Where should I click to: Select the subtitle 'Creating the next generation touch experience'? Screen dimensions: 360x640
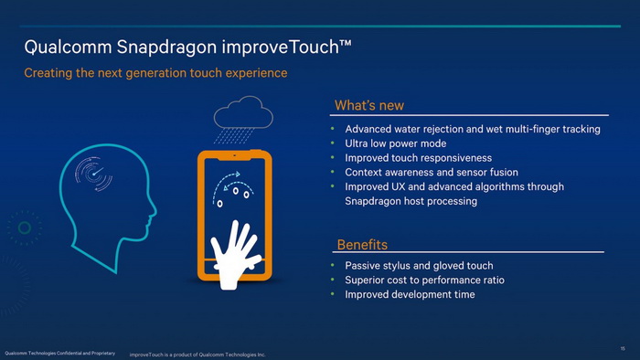click(x=155, y=72)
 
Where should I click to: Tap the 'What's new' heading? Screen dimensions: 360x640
click(x=368, y=106)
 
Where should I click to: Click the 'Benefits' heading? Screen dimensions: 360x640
click(x=362, y=244)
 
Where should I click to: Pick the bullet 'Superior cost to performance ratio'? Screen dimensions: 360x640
click(x=424, y=280)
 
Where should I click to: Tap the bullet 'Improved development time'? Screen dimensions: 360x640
click(x=410, y=294)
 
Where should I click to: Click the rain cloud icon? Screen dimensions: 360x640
click(x=243, y=118)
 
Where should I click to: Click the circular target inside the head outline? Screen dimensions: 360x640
click(x=94, y=173)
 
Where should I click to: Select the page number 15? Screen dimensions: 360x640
click(x=622, y=347)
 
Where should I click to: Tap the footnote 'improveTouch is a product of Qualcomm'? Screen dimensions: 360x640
click(x=197, y=354)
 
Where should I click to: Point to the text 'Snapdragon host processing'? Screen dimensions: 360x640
click(x=411, y=201)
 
